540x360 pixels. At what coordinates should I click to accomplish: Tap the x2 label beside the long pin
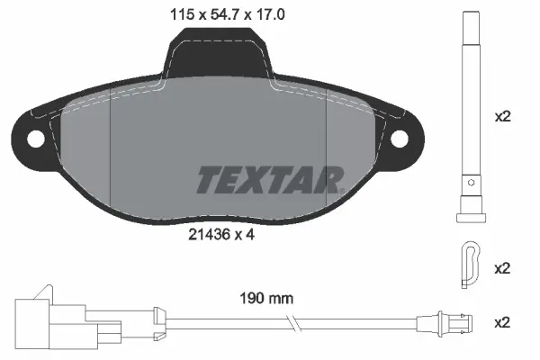[x=504, y=117]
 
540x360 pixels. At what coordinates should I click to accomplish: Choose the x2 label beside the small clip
[x=504, y=268]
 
